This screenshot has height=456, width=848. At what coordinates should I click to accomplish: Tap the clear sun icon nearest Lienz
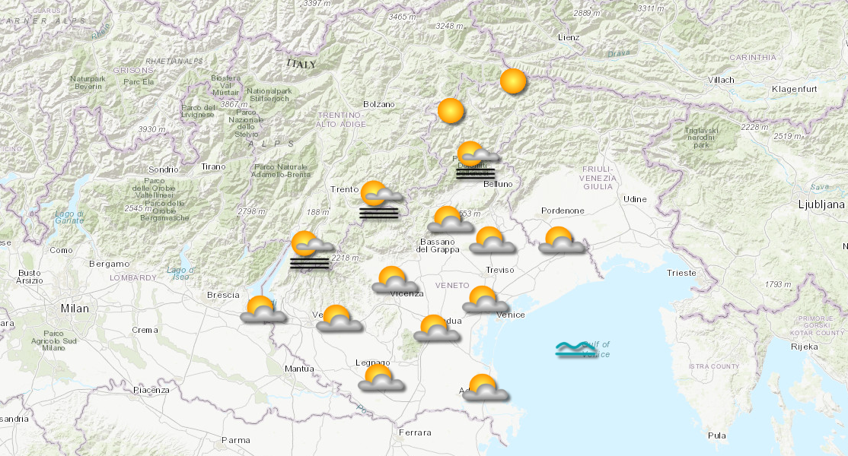pos(513,81)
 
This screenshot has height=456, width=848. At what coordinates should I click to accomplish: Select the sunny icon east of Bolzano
pos(451,111)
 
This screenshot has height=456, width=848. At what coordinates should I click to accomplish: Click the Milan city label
pos(75,309)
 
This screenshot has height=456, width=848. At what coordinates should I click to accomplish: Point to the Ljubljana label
pos(821,204)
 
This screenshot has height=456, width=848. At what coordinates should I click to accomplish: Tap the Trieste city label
pos(681,273)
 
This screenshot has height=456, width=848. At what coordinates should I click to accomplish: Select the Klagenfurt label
pos(794,90)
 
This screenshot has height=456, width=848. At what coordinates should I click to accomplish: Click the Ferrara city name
pos(415,432)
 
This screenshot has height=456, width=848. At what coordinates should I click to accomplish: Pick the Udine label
pos(635,199)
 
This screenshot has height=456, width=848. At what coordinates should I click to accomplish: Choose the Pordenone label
pos(563,211)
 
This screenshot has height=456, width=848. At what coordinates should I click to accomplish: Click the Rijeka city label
pos(805,347)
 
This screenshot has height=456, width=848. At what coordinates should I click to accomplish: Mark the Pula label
pos(716,435)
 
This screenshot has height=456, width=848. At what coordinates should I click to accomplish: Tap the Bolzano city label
pos(379,104)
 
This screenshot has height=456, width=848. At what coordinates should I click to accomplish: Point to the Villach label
pos(720,80)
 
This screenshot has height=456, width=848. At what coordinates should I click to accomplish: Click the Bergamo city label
pos(109,264)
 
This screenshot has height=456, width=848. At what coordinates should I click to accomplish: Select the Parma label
pos(235,440)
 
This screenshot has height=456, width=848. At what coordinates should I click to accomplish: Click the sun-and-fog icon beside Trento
pos(378,199)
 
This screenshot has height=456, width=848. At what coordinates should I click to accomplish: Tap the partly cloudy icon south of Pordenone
pos(562,240)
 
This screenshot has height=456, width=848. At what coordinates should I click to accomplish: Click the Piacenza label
pos(151,390)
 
